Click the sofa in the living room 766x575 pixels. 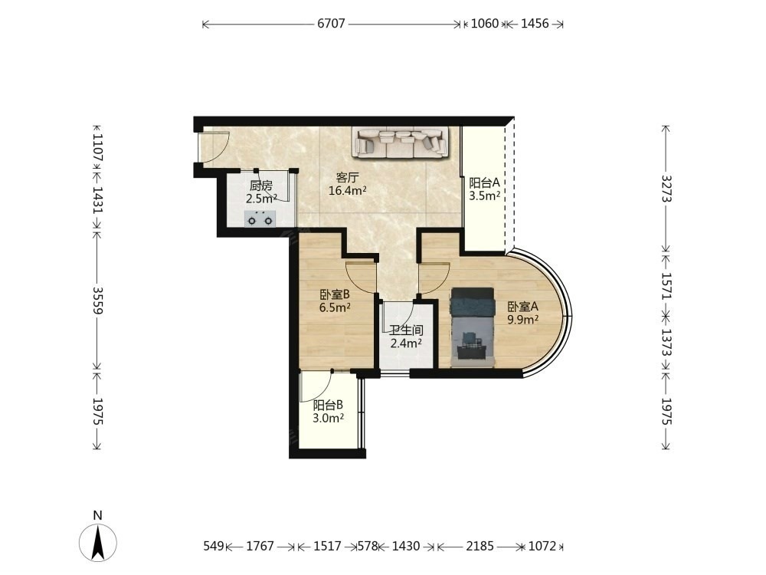(401, 143)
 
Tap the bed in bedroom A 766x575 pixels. (473, 327)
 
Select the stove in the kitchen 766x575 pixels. (260, 219)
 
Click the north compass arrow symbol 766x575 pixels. (98, 542)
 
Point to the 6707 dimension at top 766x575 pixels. (331, 24)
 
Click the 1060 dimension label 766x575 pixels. (485, 24)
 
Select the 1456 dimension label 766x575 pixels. (535, 24)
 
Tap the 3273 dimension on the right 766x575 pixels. (667, 189)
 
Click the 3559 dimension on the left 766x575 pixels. (98, 300)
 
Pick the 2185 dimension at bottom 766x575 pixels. (480, 546)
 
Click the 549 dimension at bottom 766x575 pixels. (214, 546)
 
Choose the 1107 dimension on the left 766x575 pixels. (98, 148)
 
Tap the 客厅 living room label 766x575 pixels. (347, 177)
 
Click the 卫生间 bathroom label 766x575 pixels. (406, 330)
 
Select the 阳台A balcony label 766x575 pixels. (485, 183)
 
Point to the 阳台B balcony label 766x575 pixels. (328, 405)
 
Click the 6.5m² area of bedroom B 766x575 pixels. (335, 307)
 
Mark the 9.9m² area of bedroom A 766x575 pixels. (522, 319)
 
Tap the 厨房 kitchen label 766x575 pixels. (261, 186)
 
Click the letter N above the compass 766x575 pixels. (98, 515)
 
